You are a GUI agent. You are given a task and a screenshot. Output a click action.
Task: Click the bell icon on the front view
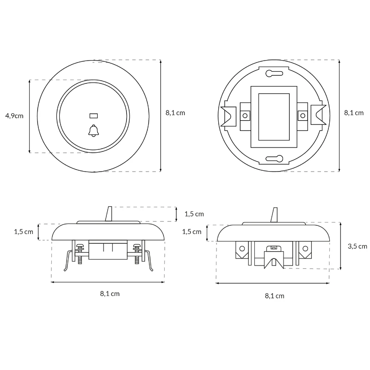[93, 130]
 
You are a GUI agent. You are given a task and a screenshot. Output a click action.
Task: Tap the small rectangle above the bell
[94, 116]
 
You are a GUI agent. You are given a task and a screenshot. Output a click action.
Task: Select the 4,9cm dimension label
[14, 116]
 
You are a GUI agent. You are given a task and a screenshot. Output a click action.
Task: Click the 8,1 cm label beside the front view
[175, 113]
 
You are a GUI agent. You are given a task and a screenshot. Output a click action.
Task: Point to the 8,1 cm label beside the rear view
[354, 113]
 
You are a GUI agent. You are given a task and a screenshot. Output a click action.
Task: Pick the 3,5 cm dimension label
[357, 247]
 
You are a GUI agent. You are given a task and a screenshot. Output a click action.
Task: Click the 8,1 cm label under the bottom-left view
[110, 294]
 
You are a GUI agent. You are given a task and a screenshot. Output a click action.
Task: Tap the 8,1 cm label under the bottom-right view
[274, 296]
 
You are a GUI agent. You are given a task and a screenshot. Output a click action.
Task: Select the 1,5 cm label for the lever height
[194, 214]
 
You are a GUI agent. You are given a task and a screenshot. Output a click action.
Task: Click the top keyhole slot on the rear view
[274, 74]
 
